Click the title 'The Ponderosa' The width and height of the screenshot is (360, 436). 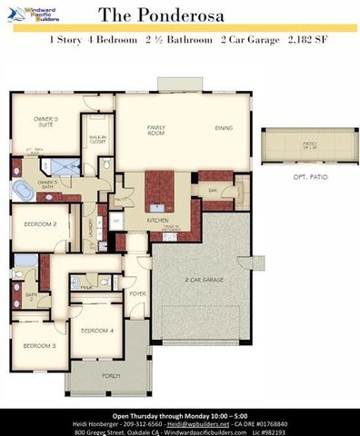coord(181,15)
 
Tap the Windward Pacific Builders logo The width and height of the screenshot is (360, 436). coord(34,14)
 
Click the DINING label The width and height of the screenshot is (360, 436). coord(223,128)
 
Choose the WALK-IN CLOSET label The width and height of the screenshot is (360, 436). coord(98,141)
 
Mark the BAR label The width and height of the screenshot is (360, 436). coord(212,191)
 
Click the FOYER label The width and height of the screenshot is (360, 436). coord(138,293)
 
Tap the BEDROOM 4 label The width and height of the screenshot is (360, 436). coord(99,331)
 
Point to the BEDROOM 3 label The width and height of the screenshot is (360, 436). coord(39,345)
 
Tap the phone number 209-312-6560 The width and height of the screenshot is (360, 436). coord(145,423)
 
